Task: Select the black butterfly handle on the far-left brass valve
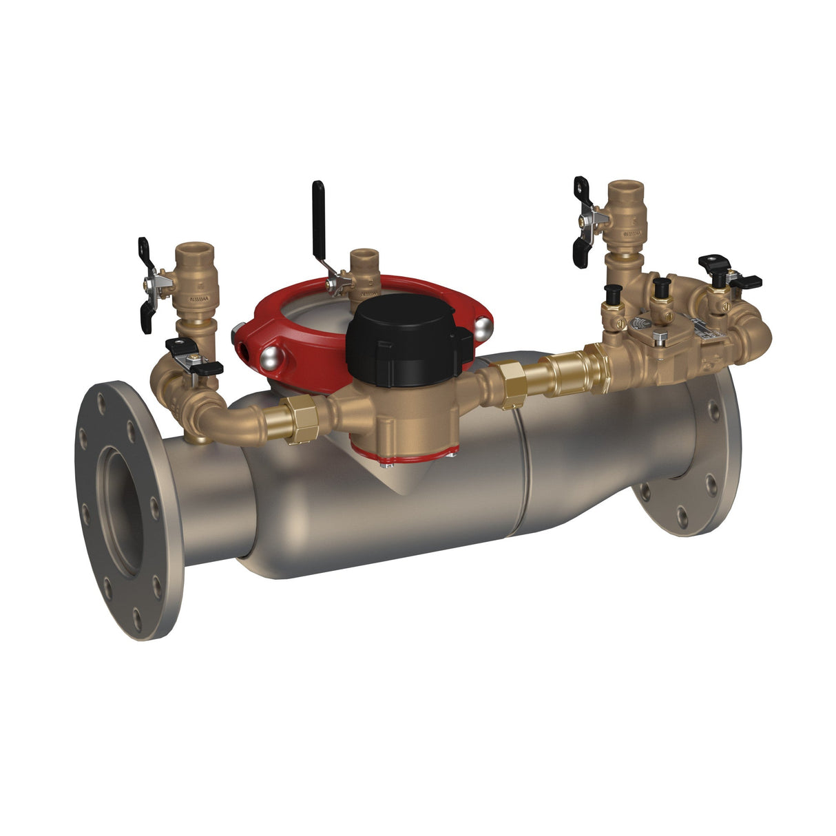pos(146,284)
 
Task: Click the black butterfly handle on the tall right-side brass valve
pos(581,220)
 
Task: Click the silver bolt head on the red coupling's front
pos(271,356)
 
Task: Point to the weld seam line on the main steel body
pos(523,482)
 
